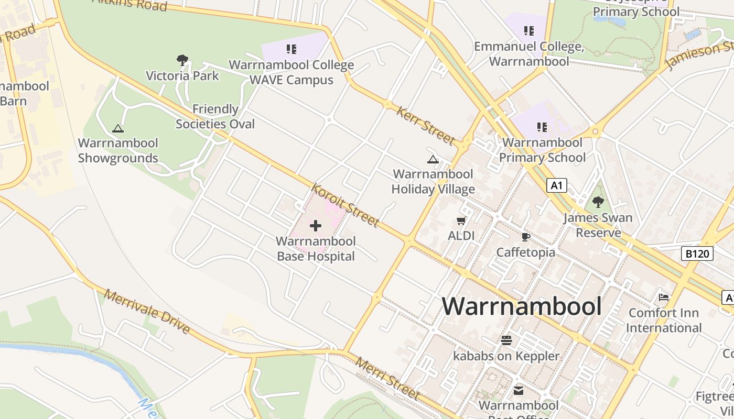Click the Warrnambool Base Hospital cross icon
click(316, 226)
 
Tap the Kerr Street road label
click(425, 126)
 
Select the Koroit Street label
click(344, 205)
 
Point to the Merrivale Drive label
click(147, 311)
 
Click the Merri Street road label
click(388, 378)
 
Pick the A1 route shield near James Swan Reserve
click(557, 185)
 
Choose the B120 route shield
click(698, 254)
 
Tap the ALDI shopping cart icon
click(461, 221)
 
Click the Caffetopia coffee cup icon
click(526, 237)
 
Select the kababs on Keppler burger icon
click(506, 340)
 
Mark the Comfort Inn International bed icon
click(664, 297)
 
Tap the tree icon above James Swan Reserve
click(598, 202)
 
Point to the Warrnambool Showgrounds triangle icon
click(118, 128)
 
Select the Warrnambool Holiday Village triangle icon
click(433, 159)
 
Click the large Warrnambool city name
click(522, 306)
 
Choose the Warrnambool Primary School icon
click(542, 127)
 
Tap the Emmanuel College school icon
click(528, 31)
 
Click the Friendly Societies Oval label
click(215, 116)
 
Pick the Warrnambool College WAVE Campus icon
click(292, 50)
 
